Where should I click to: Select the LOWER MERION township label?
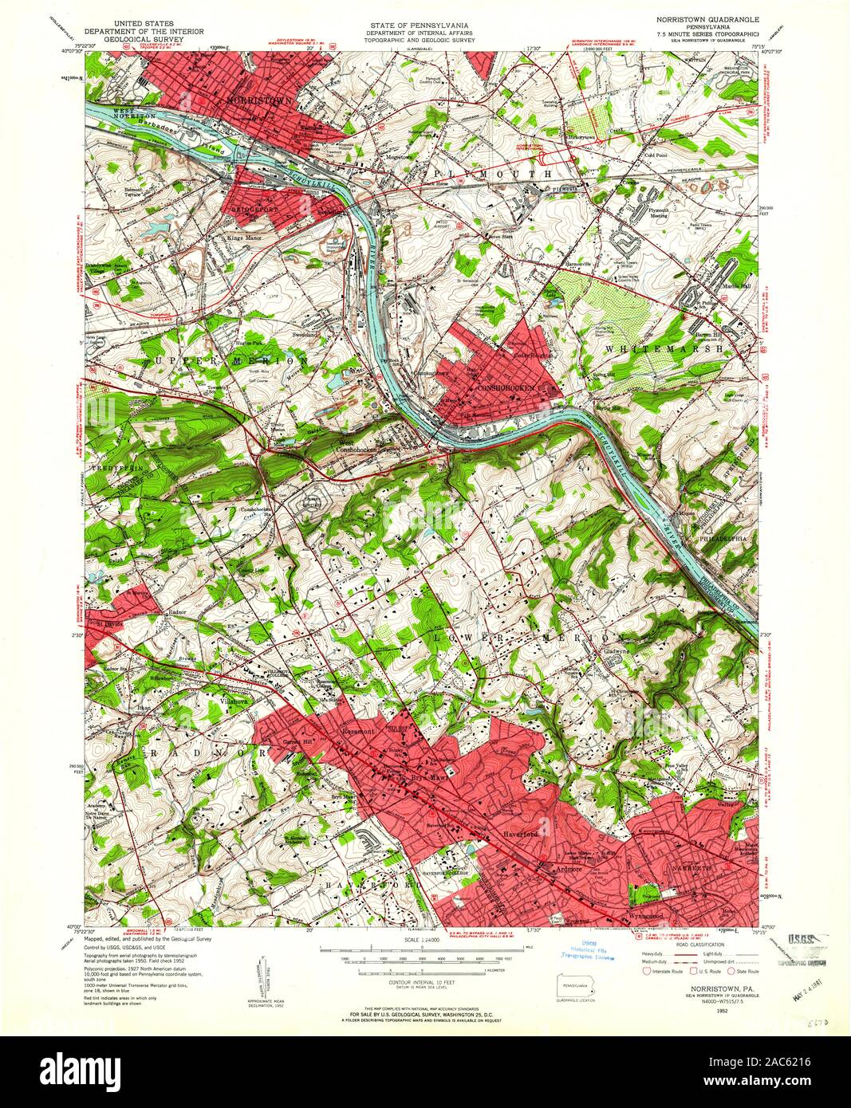click(x=527, y=638)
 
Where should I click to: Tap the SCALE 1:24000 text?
click(x=420, y=941)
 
